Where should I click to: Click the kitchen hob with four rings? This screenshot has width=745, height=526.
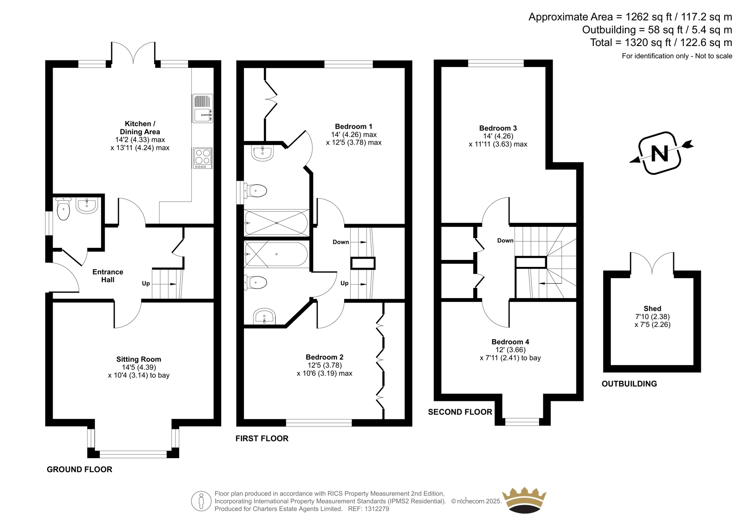[x=203, y=158]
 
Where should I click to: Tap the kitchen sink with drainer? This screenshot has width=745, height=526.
[x=203, y=108]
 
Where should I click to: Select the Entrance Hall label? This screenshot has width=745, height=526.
[x=108, y=276]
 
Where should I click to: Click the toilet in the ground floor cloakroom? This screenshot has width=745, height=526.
[x=63, y=209]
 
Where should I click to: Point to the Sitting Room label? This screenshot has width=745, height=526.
[x=139, y=359]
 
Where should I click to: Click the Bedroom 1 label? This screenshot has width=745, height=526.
[x=353, y=126]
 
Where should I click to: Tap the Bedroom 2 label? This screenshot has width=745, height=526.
[x=325, y=357]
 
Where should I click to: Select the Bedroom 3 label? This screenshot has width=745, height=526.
[x=498, y=128]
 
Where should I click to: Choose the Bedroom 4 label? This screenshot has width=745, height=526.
[x=510, y=341]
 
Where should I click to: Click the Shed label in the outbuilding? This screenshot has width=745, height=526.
[x=652, y=308]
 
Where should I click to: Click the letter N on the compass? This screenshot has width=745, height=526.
[x=659, y=153]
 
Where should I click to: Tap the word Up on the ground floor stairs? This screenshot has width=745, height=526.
[x=146, y=283]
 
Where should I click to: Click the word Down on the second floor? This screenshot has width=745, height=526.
[x=505, y=240]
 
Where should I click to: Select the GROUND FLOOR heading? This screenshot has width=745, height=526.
[x=80, y=469]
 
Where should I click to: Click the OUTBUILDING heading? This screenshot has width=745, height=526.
[x=629, y=384]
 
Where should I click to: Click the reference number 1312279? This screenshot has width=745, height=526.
[x=376, y=509]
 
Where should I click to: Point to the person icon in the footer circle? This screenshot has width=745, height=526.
[x=201, y=501]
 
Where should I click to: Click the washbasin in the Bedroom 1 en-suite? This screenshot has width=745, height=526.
[x=263, y=153]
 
